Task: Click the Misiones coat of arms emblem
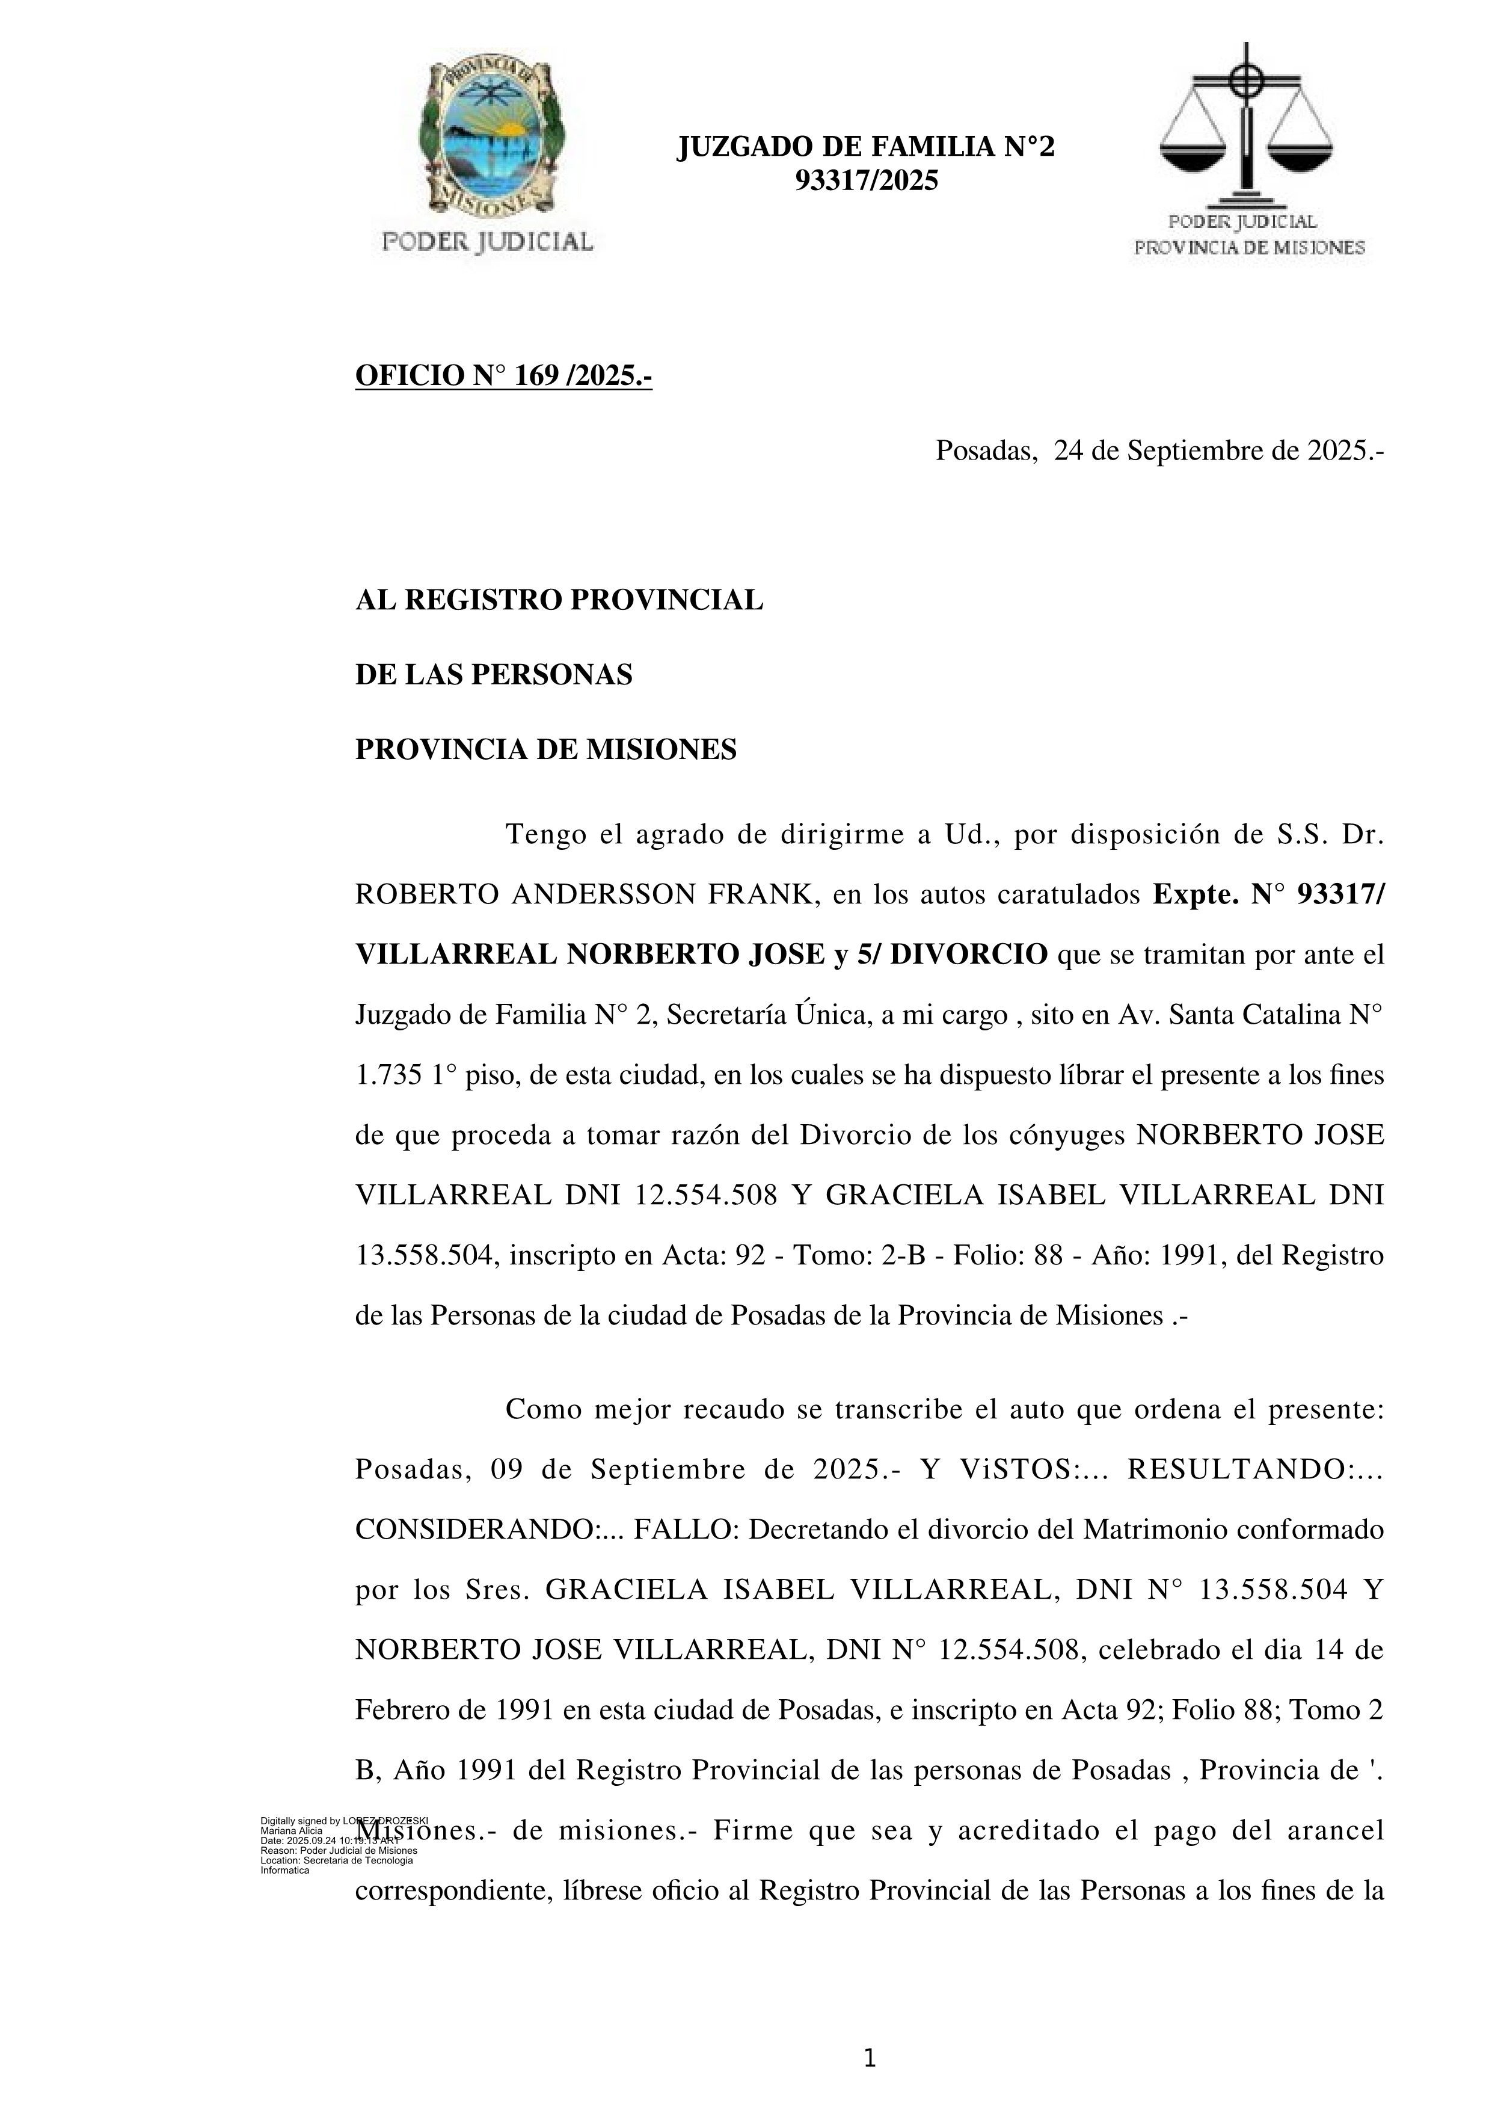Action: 487,138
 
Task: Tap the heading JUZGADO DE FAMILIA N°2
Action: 865,147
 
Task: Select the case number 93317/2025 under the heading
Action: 865,181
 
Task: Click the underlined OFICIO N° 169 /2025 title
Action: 503,376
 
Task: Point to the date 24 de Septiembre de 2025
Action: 1217,451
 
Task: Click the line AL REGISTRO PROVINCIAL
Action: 559,600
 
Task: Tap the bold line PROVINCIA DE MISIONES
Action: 545,750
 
